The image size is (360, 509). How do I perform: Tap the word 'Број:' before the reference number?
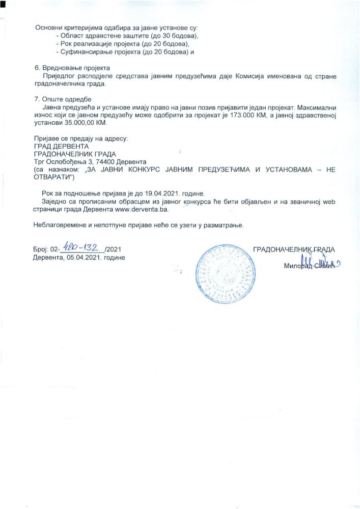coord(40,249)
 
